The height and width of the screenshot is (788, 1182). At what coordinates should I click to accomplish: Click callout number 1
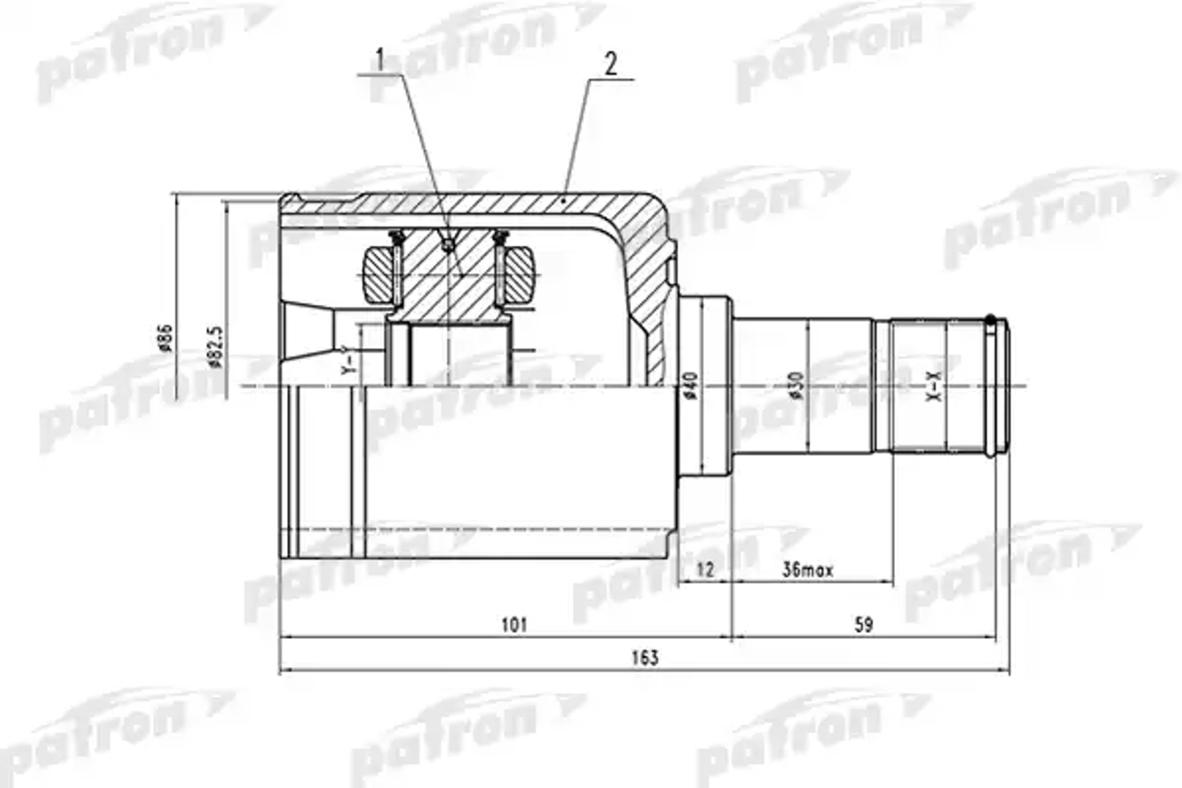pyautogui.click(x=380, y=61)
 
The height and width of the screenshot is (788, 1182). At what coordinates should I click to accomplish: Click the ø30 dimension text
pyautogui.click(x=796, y=386)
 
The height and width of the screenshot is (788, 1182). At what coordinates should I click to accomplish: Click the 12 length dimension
pyautogui.click(x=706, y=570)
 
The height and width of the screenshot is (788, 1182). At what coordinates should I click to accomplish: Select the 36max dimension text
pyautogui.click(x=807, y=570)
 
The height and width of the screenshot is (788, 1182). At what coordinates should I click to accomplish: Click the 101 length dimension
pyautogui.click(x=514, y=625)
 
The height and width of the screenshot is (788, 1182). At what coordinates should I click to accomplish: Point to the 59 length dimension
pyautogui.click(x=863, y=625)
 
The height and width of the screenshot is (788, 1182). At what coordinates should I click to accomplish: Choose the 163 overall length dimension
pyautogui.click(x=645, y=658)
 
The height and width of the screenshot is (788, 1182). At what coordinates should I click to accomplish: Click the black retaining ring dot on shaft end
pyautogui.click(x=990, y=319)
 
